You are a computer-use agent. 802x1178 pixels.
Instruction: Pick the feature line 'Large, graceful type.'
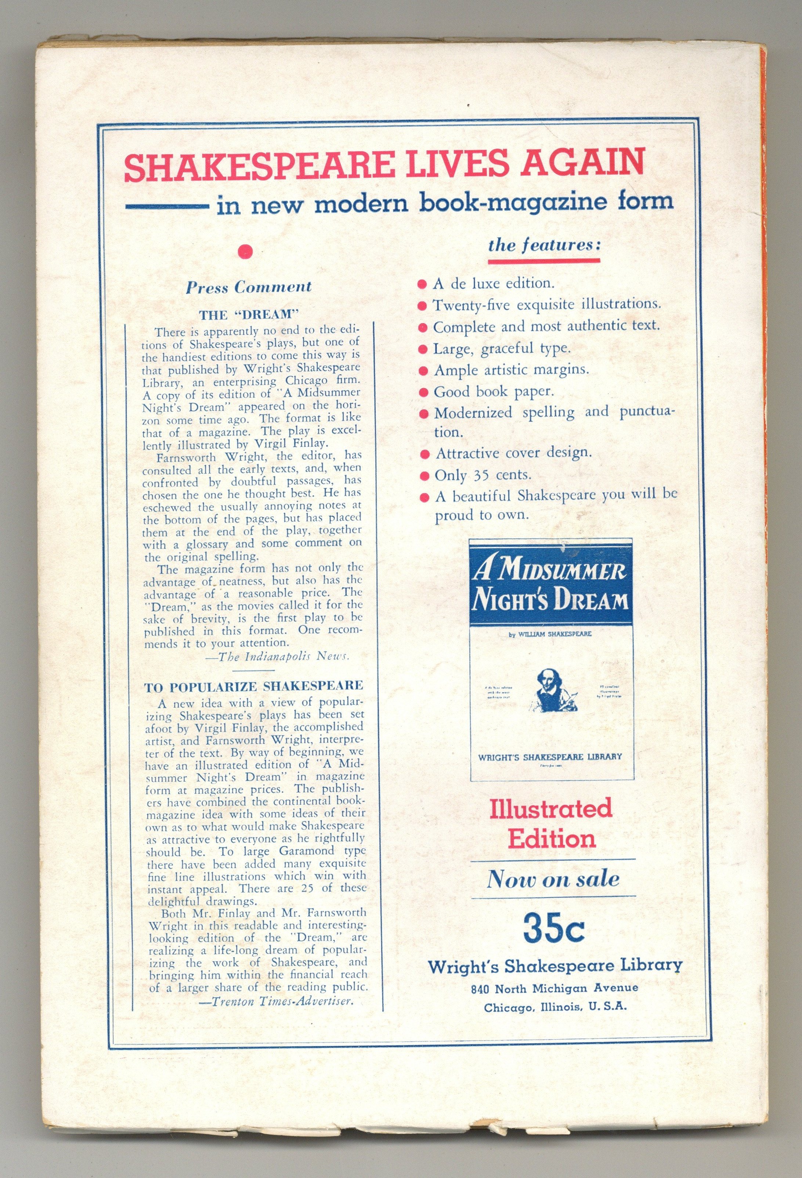(x=502, y=349)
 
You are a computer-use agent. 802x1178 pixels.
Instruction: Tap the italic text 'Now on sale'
(x=553, y=878)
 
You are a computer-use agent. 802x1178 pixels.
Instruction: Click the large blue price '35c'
(x=554, y=928)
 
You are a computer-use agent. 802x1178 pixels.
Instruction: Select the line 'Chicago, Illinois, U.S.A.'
(x=555, y=1007)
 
